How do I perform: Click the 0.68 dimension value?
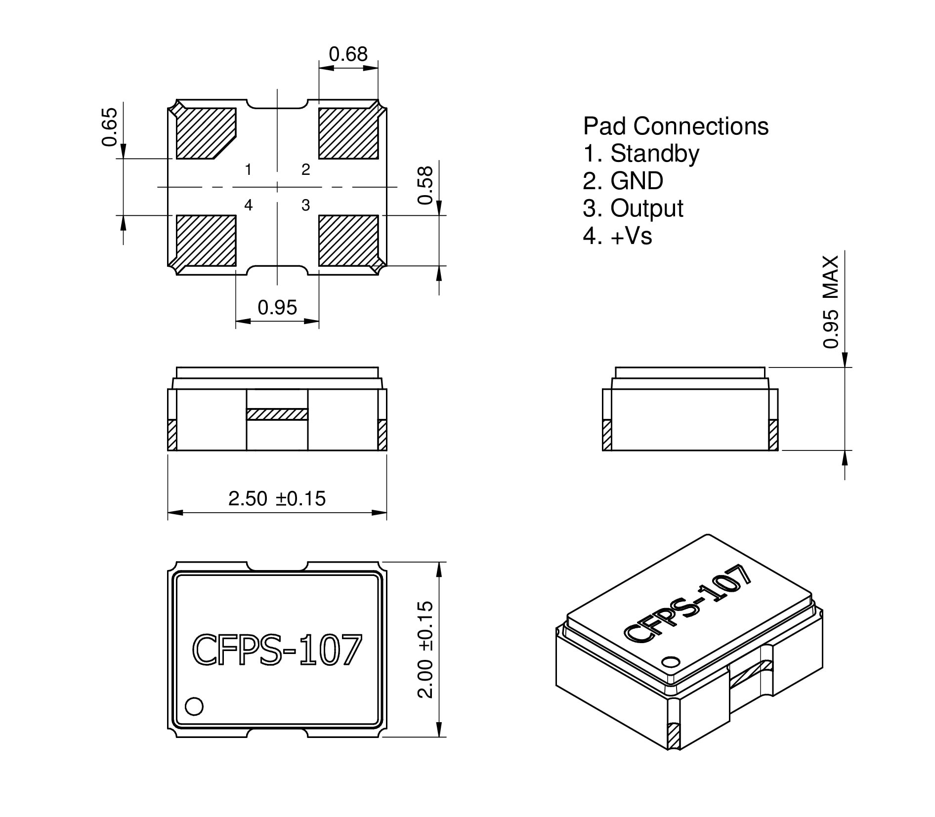pyautogui.click(x=348, y=54)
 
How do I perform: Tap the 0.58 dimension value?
pyautogui.click(x=425, y=185)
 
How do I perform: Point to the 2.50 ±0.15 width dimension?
pyautogui.click(x=277, y=498)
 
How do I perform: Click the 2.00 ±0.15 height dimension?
pyautogui.click(x=425, y=649)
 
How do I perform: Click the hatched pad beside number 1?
pyautogui.click(x=205, y=133)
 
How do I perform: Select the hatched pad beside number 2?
pyautogui.click(x=348, y=133)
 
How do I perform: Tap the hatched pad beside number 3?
pyautogui.click(x=348, y=240)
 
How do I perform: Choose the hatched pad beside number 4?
pyautogui.click(x=206, y=240)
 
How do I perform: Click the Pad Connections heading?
pyautogui.click(x=676, y=126)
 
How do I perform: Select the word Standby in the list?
pyautogui.click(x=655, y=154)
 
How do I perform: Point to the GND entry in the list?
pyautogui.click(x=637, y=181)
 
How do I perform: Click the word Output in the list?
pyautogui.click(x=646, y=208)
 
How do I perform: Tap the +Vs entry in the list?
pyautogui.click(x=631, y=236)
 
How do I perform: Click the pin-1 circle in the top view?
pyautogui.click(x=194, y=706)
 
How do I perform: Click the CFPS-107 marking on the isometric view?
pyautogui.click(x=688, y=605)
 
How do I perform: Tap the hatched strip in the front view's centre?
pyautogui.click(x=277, y=414)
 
